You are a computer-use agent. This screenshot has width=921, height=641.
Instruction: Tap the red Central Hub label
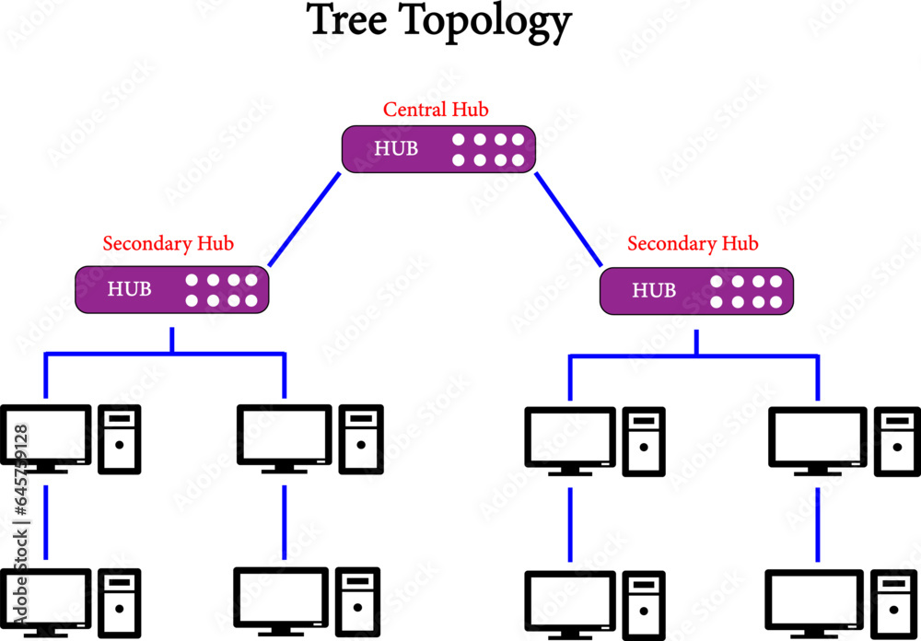click(436, 110)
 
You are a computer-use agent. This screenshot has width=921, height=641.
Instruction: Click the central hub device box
click(438, 148)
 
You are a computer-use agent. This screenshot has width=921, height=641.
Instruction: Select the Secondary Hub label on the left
click(168, 244)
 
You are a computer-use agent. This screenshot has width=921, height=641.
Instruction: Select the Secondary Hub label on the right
click(693, 244)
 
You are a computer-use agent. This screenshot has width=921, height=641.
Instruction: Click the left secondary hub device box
click(171, 288)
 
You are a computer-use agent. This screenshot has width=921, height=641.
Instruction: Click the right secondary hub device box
click(696, 290)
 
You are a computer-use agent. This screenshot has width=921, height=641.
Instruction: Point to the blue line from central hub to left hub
click(304, 218)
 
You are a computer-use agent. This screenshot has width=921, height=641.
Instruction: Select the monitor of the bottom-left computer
click(45, 600)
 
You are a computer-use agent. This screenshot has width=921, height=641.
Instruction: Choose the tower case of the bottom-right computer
click(892, 604)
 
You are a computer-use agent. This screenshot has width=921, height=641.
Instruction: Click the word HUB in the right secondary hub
click(654, 291)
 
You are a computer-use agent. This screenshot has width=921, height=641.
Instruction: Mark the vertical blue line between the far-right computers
click(817, 525)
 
